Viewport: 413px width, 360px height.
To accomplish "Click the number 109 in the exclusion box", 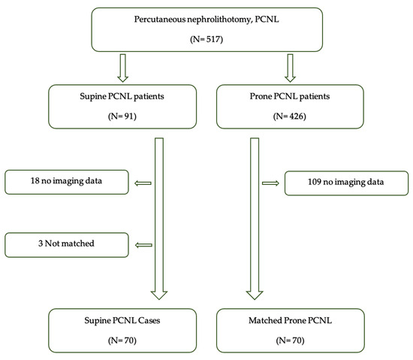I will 300,183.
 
